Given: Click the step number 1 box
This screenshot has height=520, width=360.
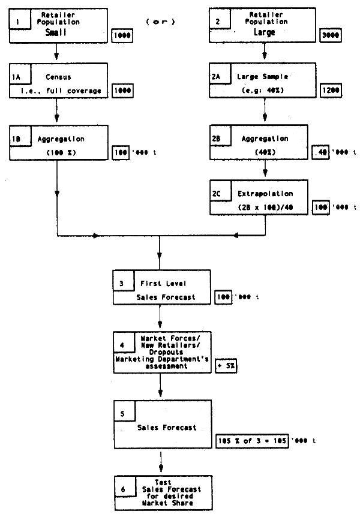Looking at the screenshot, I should (19, 20).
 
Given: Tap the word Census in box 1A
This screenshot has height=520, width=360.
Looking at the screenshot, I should (57, 77).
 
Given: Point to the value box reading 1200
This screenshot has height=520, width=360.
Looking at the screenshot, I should (329, 91).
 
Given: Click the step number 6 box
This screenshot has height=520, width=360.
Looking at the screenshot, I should (123, 490).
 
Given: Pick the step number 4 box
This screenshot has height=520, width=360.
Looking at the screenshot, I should (124, 346).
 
